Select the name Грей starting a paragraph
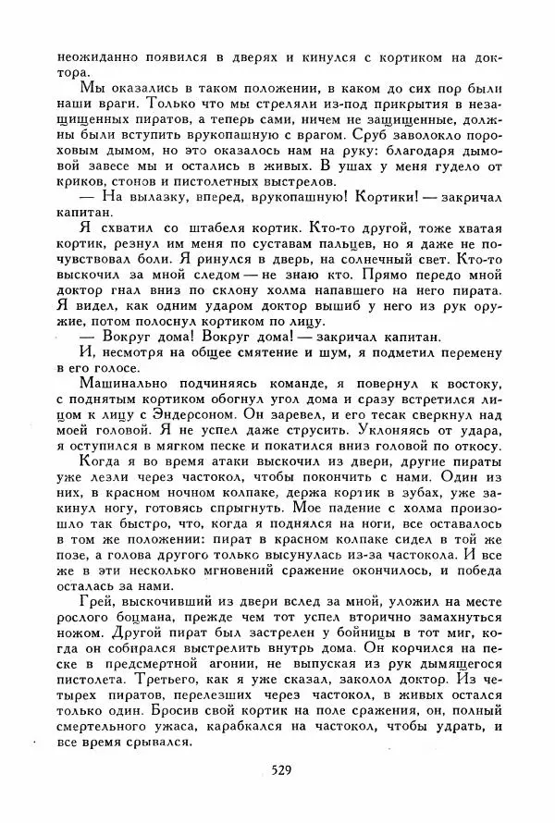pyautogui.click(x=97, y=598)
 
